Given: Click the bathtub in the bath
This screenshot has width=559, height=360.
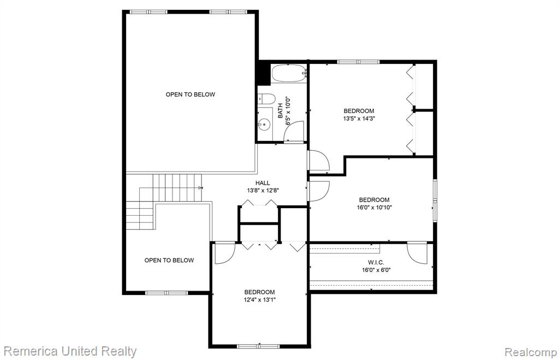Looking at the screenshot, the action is click(x=289, y=74).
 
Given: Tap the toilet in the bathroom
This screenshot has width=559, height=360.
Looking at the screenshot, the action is click(x=266, y=99).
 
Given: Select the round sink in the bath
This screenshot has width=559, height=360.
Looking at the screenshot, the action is click(x=264, y=125).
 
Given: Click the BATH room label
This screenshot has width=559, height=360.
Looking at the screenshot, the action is click(x=280, y=110).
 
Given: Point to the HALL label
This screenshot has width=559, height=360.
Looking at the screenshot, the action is click(x=263, y=183).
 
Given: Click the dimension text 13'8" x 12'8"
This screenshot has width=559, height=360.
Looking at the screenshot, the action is click(x=263, y=191).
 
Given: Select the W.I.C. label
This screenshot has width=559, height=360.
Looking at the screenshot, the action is click(x=376, y=263).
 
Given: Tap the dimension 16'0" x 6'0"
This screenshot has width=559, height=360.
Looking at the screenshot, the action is click(x=377, y=270).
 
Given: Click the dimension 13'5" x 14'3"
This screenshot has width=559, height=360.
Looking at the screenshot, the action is click(x=359, y=119).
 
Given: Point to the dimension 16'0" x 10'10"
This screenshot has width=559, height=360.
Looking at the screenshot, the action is click(x=374, y=207).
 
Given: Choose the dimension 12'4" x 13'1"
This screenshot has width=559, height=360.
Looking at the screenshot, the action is click(x=259, y=300).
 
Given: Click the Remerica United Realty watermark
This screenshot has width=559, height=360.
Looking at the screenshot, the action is click(x=70, y=351).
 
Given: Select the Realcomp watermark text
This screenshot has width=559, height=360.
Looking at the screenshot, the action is click(x=531, y=352).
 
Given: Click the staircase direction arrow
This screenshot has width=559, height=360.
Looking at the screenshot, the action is click(x=200, y=187).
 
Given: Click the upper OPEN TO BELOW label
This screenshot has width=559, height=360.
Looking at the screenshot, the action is click(x=191, y=95).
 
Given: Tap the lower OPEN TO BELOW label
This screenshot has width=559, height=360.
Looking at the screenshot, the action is click(x=169, y=261).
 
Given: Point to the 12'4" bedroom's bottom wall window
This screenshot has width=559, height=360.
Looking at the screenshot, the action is click(x=259, y=346).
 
